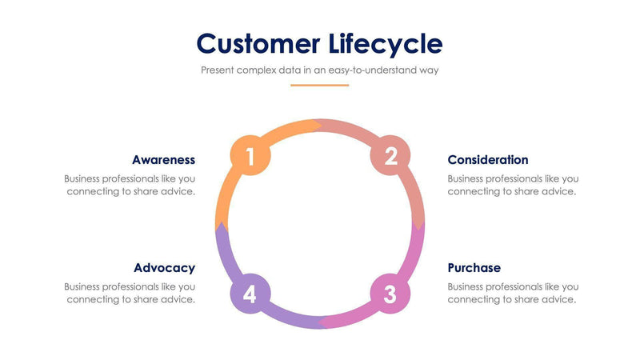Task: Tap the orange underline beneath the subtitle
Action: coord(319,85)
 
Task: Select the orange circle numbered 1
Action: coord(250,157)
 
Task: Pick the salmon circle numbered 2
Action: coord(390,157)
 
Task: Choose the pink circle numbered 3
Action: coord(390,294)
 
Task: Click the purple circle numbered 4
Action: coord(250,294)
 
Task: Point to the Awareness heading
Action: coord(163,160)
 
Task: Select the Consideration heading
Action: coord(487,160)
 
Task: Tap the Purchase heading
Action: coord(474,268)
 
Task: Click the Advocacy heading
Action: coord(164,268)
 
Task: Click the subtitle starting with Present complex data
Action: coord(319,70)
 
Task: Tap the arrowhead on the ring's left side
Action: coord(221,228)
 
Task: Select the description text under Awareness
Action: coord(130,185)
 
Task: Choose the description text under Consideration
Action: coord(513,185)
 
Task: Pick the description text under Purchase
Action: coord(513,293)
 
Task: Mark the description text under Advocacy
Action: coord(130,293)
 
